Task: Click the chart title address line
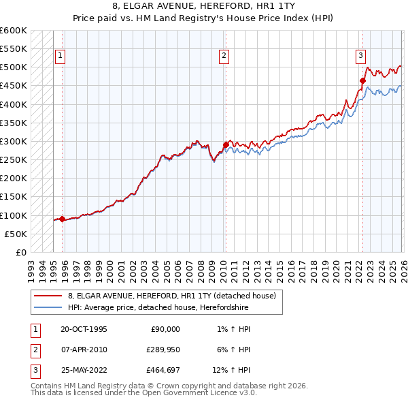[204, 6]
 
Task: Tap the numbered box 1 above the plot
[61, 57]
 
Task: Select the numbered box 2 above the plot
[224, 57]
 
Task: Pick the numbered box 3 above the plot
[360, 57]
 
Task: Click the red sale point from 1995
[63, 219]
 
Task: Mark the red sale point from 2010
[225, 145]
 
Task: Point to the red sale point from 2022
[362, 80]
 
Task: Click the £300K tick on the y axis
[14, 142]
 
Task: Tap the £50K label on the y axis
[16, 234]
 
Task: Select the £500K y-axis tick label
[14, 67]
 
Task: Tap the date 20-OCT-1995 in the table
[84, 329]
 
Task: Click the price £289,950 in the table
[162, 350]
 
